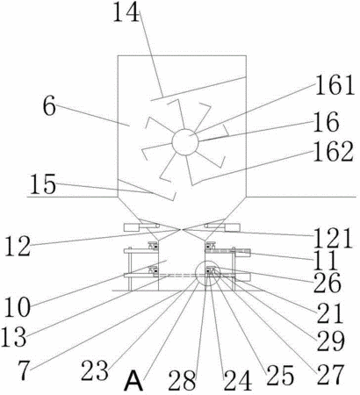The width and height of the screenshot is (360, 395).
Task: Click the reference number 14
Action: point(126,11)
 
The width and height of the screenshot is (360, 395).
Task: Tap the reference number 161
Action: point(335,85)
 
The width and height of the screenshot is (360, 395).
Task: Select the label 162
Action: point(333,152)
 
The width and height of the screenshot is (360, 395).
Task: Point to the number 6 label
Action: point(49,106)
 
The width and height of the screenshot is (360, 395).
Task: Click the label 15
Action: point(43,184)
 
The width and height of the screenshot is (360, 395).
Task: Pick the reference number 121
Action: point(333,239)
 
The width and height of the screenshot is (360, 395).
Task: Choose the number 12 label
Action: point(18,247)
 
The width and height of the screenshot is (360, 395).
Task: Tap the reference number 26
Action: point(328,284)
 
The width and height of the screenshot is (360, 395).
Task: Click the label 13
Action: point(14,336)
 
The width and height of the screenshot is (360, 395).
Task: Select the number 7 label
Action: point(25,370)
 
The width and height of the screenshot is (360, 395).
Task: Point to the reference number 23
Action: point(95,370)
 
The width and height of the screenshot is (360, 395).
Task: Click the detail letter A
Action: point(133,381)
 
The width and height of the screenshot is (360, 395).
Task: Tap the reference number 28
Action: point(182,380)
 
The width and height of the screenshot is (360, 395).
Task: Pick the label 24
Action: point(238,380)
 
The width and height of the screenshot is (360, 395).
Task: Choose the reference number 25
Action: point(279,375)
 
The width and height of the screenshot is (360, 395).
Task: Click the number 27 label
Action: point(329,375)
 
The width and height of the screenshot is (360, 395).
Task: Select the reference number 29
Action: point(331,341)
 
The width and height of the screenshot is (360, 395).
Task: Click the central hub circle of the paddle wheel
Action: point(185,142)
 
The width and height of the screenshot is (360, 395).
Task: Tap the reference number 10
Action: point(18,308)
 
